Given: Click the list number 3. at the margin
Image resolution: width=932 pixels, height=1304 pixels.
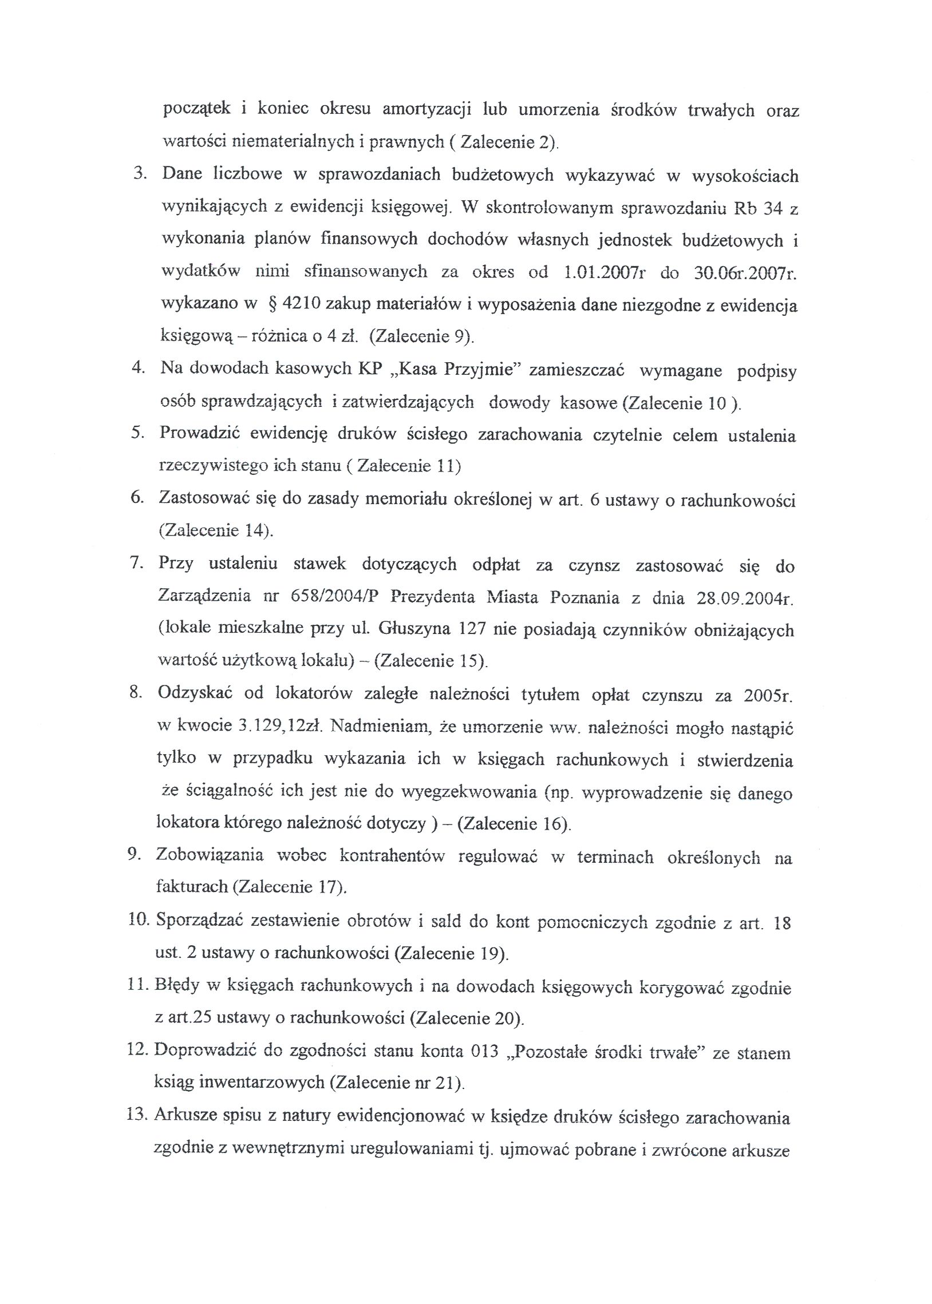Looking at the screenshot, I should click(x=140, y=174).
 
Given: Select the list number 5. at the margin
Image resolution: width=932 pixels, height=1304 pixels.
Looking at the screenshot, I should click(x=137, y=433).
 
